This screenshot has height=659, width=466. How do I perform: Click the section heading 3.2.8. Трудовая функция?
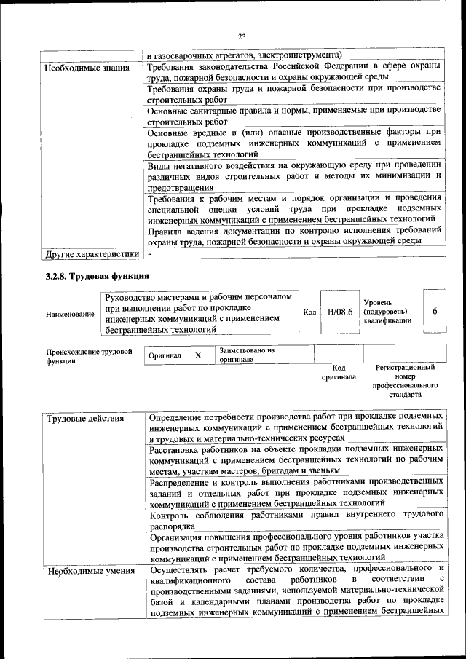click(x=98, y=276)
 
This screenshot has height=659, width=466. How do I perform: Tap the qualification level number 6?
click(x=435, y=312)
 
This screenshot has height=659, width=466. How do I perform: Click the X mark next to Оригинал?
click(x=197, y=355)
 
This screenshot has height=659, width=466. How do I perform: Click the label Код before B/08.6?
click(x=309, y=312)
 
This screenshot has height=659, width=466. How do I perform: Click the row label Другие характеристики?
click(x=92, y=254)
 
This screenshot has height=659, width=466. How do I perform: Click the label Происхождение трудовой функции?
click(x=88, y=356)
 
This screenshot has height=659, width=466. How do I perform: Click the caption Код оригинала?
click(x=339, y=373)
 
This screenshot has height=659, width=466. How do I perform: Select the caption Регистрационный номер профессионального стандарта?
click(x=405, y=382)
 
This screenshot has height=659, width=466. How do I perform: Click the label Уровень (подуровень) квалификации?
click(x=386, y=311)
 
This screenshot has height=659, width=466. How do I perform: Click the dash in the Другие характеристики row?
click(x=149, y=254)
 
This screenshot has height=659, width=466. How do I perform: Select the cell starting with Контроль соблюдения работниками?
click(x=295, y=520)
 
